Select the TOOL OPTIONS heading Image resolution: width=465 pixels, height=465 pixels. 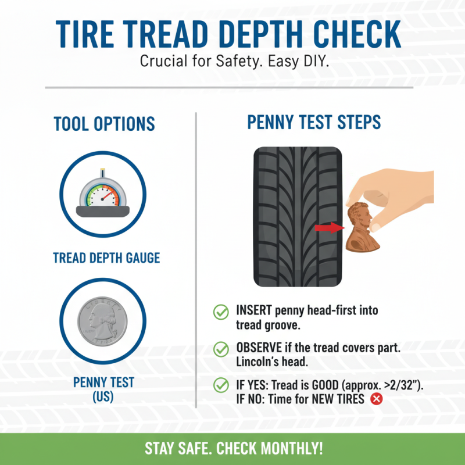click(104, 124)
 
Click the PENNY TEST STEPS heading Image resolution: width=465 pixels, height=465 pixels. click(314, 122)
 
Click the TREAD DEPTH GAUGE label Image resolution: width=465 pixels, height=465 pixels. click(106, 257)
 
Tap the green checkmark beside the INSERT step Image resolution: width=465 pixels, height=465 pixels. click(221, 312)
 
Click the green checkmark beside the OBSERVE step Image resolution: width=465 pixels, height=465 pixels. click(221, 349)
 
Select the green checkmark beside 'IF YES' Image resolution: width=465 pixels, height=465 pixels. click(221, 385)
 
